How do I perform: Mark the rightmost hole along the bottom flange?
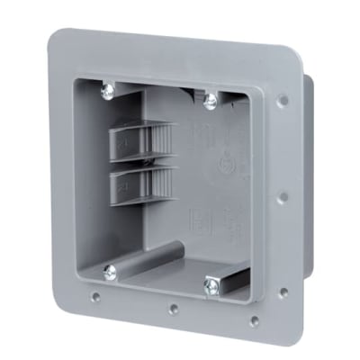pos(255,319)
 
